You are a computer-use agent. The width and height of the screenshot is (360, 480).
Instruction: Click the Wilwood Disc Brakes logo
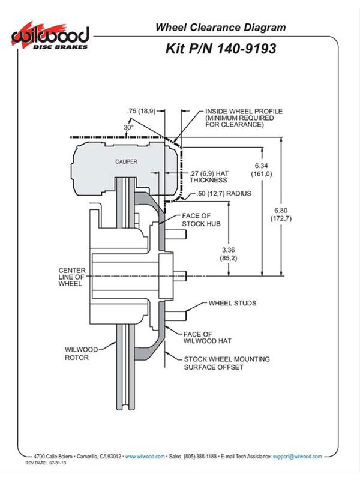click(x=50, y=37)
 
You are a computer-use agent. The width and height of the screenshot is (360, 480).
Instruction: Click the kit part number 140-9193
click(x=246, y=49)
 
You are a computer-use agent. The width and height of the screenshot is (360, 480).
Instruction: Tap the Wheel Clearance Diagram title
click(x=220, y=27)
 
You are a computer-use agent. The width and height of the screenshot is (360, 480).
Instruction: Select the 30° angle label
click(x=128, y=127)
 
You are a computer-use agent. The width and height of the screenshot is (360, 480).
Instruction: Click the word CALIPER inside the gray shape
click(x=126, y=161)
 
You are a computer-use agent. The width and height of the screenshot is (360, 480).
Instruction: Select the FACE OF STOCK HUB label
click(x=201, y=220)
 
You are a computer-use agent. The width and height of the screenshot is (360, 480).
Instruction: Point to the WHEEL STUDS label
click(x=232, y=303)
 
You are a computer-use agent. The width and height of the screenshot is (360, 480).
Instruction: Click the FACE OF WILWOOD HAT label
click(x=207, y=337)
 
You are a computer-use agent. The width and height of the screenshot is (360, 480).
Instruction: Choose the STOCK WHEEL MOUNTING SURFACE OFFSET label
click(x=227, y=363)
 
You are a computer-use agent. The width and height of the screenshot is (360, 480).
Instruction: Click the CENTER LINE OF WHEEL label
click(x=72, y=277)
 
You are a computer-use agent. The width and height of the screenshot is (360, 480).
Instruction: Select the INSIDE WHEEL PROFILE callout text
click(x=244, y=118)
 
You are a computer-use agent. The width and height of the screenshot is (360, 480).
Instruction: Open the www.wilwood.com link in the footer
click(x=145, y=457)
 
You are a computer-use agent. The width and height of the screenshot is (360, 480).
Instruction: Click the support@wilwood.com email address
click(x=297, y=457)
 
